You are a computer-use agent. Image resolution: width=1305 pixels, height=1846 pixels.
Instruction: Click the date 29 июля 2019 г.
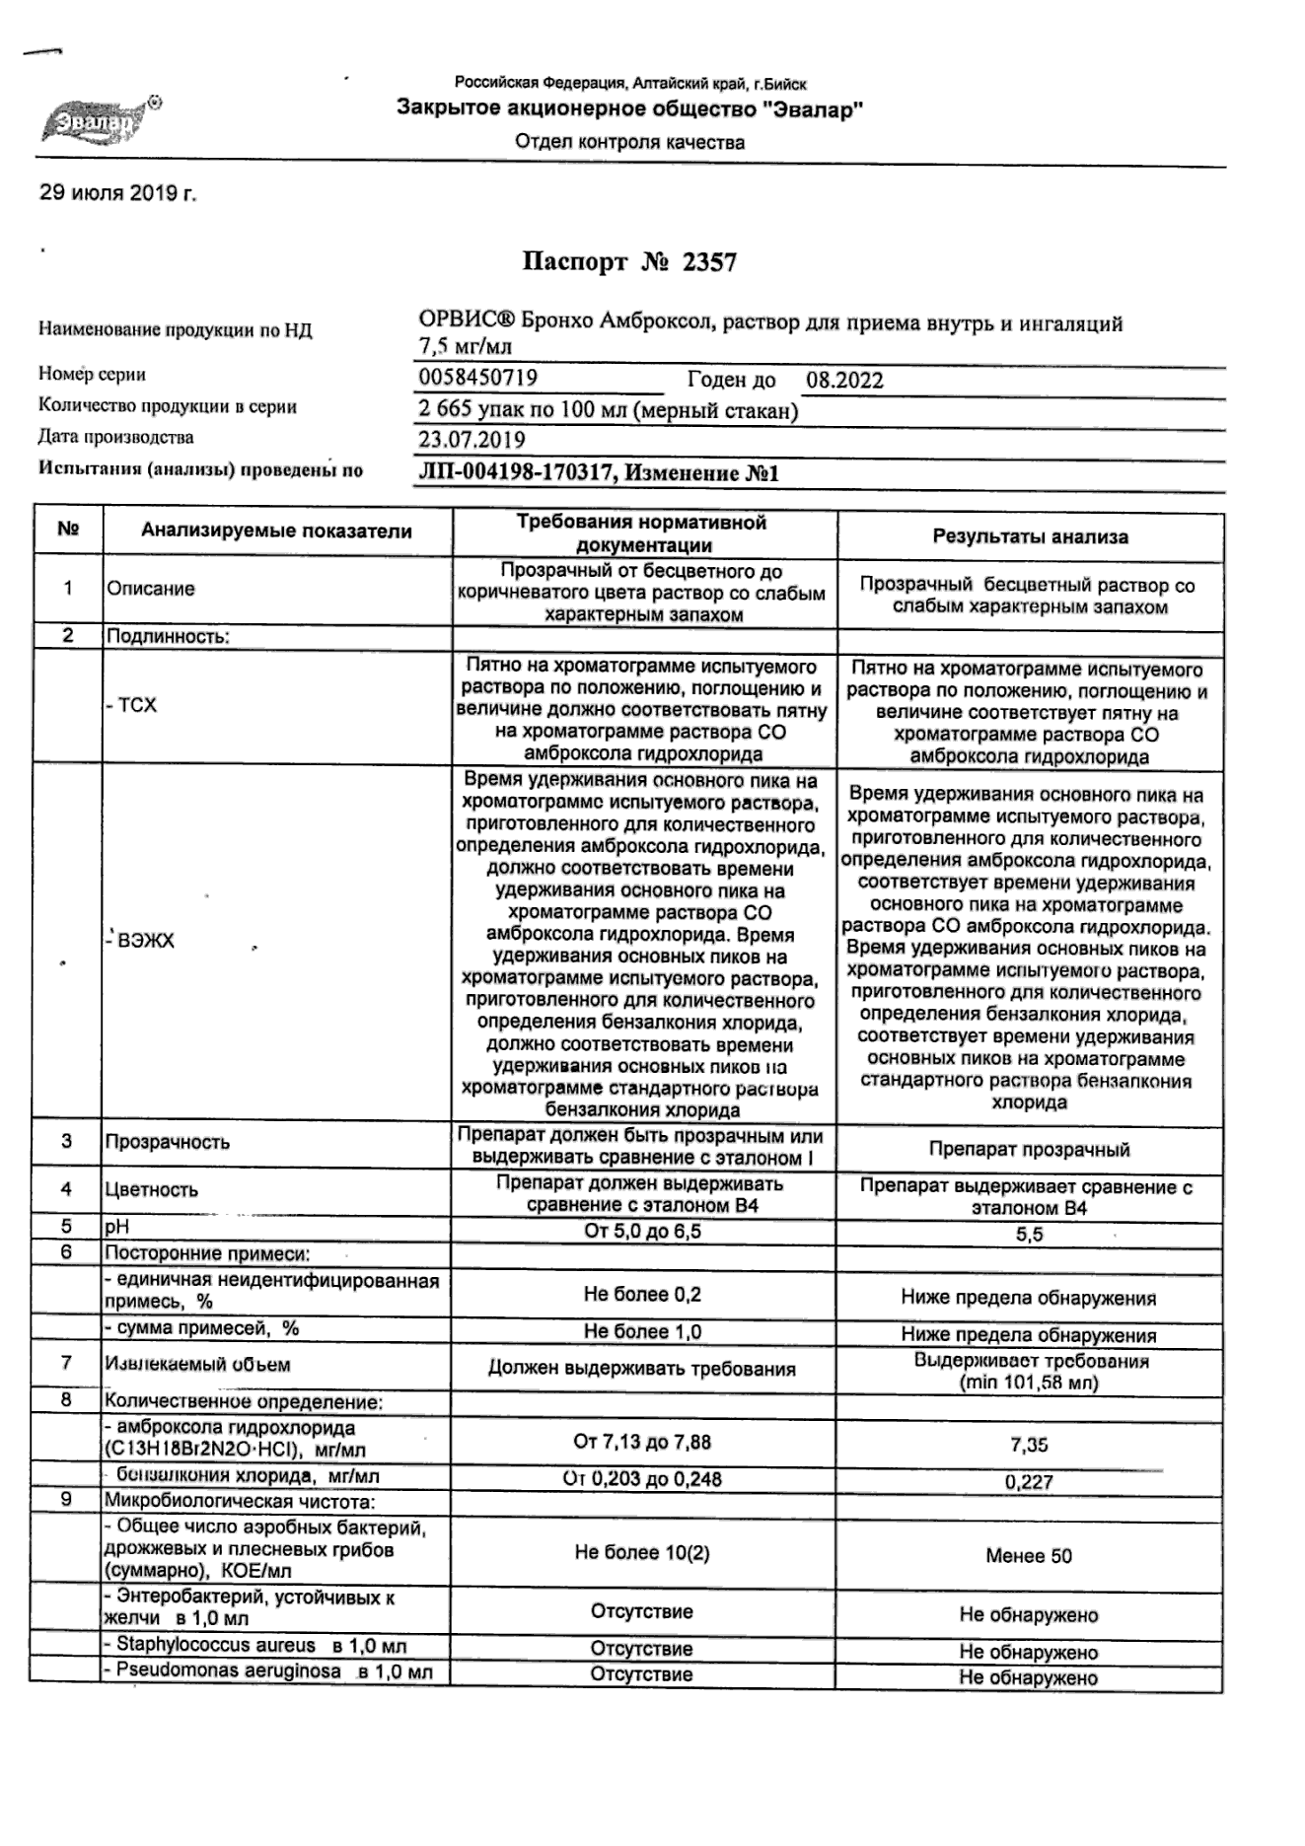click(x=117, y=193)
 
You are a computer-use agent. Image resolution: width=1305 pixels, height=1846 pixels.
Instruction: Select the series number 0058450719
click(x=477, y=379)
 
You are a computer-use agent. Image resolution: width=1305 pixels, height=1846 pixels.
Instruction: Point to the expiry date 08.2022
click(x=844, y=381)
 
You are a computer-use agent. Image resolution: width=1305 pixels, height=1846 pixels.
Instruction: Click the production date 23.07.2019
click(x=471, y=440)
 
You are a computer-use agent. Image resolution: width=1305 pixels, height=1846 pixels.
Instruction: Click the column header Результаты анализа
click(x=1030, y=537)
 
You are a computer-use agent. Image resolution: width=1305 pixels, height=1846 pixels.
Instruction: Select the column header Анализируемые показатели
click(x=276, y=532)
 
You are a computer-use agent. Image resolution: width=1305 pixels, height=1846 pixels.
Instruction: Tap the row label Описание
click(x=151, y=589)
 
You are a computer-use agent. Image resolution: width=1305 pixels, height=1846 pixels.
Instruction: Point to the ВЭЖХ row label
click(x=144, y=941)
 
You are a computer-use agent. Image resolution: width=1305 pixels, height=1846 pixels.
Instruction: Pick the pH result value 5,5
click(x=1029, y=1235)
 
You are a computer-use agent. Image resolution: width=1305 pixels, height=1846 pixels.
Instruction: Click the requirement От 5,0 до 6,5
click(x=642, y=1231)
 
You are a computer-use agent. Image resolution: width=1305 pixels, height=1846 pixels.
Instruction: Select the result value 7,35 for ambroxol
click(x=1029, y=1446)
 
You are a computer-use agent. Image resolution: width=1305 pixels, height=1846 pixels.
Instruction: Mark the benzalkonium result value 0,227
click(x=1029, y=1481)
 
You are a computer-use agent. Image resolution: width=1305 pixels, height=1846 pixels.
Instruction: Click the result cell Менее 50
click(x=1028, y=1556)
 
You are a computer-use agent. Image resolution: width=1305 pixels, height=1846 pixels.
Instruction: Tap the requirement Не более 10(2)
click(x=641, y=1553)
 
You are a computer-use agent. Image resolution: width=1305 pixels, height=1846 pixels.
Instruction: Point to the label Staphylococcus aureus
click(x=216, y=1645)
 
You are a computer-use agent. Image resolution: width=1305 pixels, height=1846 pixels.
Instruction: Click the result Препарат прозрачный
click(x=1029, y=1150)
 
